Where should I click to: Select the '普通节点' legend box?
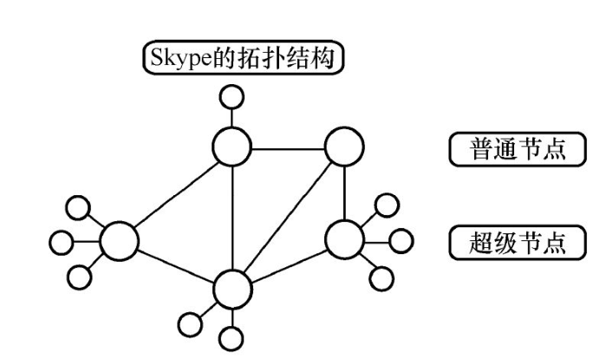click(516, 149)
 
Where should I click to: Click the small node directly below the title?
click(232, 96)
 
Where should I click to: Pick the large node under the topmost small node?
click(232, 149)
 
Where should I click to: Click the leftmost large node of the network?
click(119, 240)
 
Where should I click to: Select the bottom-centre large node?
click(232, 287)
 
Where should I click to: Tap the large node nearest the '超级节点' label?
click(344, 238)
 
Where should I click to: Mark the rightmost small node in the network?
click(400, 239)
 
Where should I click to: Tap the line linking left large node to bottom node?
click(175, 264)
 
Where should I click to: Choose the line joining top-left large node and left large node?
click(175, 195)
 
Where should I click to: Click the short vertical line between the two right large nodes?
click(344, 193)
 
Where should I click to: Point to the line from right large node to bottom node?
click(289, 262)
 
